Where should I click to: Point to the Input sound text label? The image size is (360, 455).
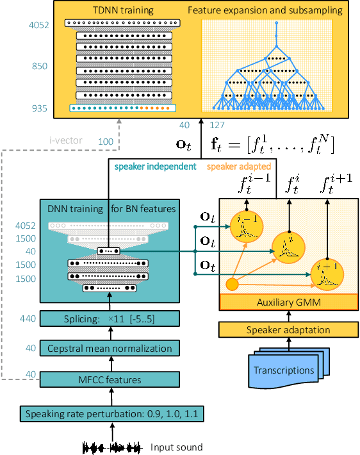pyautogui.click(x=176, y=447)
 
